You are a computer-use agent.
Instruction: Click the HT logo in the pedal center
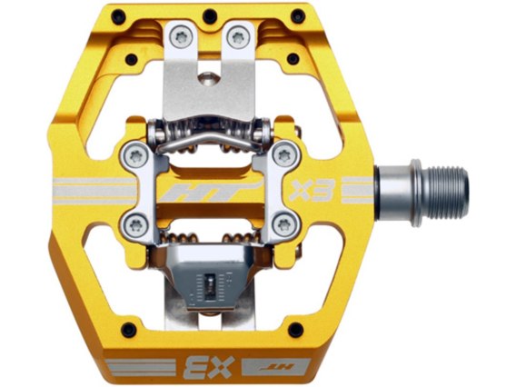[x=211, y=191]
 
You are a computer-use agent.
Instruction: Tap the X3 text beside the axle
[x=312, y=191]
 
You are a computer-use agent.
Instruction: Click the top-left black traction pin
[x=118, y=16]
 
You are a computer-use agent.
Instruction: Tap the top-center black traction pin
[x=210, y=15]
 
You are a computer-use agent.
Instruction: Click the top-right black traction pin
[x=298, y=16]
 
